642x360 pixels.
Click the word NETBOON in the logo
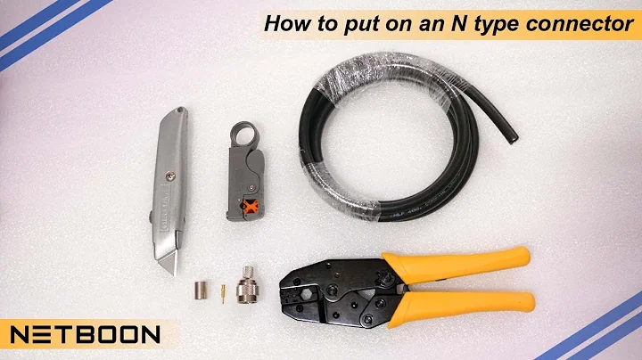86,335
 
